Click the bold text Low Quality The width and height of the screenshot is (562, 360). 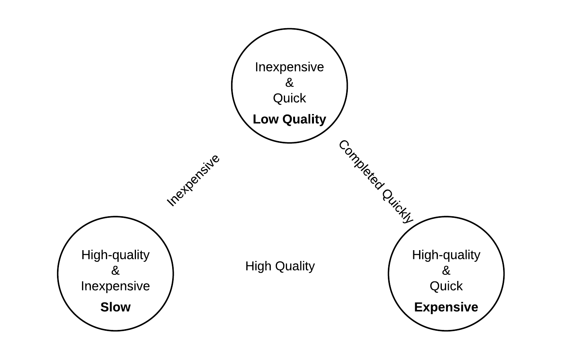tap(289, 119)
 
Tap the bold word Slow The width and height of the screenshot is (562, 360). tap(116, 307)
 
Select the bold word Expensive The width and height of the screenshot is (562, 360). tap(446, 307)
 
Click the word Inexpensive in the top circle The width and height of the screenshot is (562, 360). tap(289, 67)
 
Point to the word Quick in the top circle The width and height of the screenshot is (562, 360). tap(289, 98)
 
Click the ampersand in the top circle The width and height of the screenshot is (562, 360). tap(289, 82)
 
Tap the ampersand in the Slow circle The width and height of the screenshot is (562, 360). tap(115, 271)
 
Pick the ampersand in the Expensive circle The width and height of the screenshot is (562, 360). tap(446, 271)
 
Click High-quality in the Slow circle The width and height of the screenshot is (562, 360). tap(115, 255)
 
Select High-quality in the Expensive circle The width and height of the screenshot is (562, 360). tap(446, 255)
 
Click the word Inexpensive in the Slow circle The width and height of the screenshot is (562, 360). tap(115, 286)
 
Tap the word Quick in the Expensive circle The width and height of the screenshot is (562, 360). tap(446, 286)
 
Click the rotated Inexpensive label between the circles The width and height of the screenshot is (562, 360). tap(193, 180)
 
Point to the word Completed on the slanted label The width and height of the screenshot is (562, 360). tap(361, 165)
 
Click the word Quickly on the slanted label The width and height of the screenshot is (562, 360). tap(398, 206)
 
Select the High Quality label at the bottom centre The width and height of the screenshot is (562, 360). tap(280, 266)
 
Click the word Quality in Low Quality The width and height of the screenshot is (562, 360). tap(304, 119)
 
